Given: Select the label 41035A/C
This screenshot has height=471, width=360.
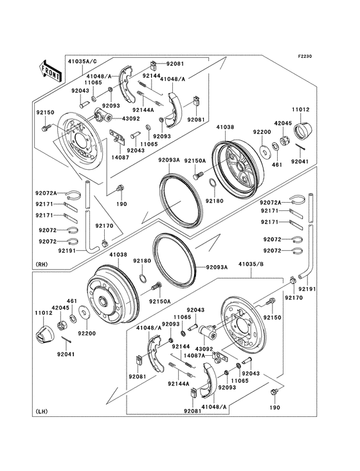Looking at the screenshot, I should (x=83, y=62).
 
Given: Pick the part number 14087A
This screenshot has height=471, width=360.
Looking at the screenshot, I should (x=194, y=355).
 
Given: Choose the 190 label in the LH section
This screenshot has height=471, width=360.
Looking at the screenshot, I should (x=275, y=408).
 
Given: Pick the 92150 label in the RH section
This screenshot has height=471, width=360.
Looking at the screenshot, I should (x=45, y=113).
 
